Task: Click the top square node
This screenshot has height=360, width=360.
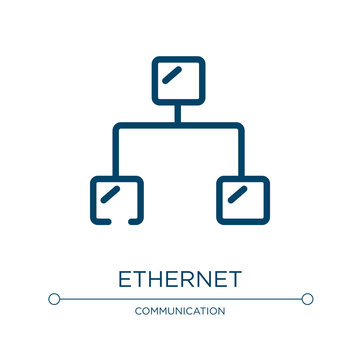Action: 179,81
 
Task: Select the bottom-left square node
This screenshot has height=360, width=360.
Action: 117,199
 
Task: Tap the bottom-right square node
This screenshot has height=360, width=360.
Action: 242,199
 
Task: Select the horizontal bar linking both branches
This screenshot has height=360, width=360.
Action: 179,126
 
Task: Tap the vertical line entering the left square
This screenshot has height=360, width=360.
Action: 117,155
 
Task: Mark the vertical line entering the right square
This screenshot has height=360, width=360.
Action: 242,155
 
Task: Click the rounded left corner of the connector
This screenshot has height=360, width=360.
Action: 119,128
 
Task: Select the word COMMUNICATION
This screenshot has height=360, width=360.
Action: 180,312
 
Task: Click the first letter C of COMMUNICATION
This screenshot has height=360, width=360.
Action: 136,312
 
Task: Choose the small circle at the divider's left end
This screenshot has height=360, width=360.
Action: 54,298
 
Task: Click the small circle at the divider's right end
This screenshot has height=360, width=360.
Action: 307,298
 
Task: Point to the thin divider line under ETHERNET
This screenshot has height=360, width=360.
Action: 180,298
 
